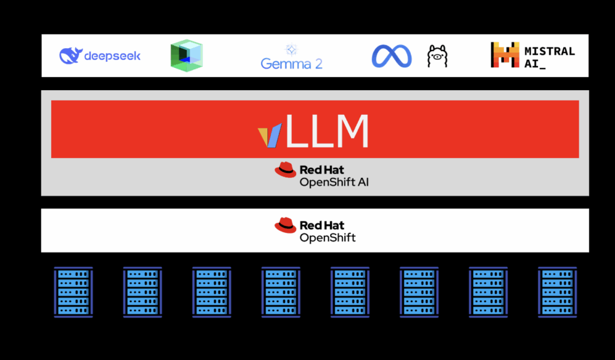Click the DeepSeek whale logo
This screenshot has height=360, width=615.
tap(70, 56)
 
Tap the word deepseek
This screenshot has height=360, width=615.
tap(112, 56)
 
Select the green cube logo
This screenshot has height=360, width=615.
tap(186, 56)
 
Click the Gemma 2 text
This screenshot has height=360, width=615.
tap(291, 63)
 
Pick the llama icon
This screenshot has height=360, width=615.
tap(437, 56)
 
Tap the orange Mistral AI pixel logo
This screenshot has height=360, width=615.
tap(504, 55)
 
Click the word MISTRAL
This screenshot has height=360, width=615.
tap(549, 51)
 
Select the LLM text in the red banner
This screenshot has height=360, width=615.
tap(327, 130)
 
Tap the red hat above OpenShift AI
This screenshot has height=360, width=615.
tap(285, 170)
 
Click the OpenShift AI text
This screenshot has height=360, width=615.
tap(334, 182)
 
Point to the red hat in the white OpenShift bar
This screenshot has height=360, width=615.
tap(285, 225)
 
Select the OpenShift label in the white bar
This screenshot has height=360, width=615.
tap(327, 237)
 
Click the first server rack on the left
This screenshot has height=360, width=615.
tap(73, 291)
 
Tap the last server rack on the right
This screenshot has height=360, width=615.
tap(557, 291)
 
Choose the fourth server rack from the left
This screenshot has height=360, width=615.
tap(280, 291)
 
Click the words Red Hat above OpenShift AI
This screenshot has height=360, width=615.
tap(322, 170)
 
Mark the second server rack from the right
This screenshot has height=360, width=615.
tap(488, 291)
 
